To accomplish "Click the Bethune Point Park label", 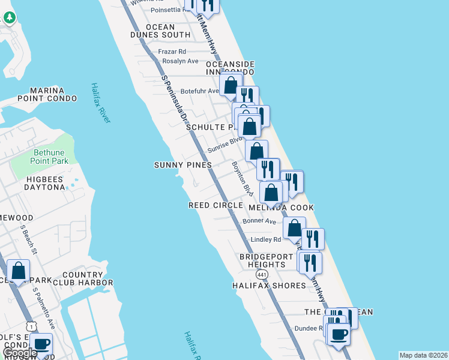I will pyautogui.click(x=51, y=157).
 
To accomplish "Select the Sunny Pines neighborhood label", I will pyautogui.click(x=183, y=165).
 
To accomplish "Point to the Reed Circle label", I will pyautogui.click(x=215, y=205).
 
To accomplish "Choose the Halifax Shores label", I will pyautogui.click(x=269, y=286).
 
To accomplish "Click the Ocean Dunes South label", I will pyautogui.click(x=160, y=31).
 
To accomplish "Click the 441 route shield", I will pyautogui.click(x=261, y=274).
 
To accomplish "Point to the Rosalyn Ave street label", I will pyautogui.click(x=180, y=61).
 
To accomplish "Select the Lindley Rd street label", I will pyautogui.click(x=266, y=239).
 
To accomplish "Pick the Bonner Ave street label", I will pyautogui.click(x=259, y=221).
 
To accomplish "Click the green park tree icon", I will pyautogui.click(x=9, y=17).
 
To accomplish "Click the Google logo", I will pyautogui.click(x=20, y=353).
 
